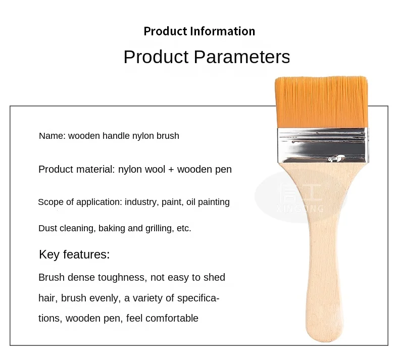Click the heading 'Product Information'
pyautogui.click(x=199, y=31)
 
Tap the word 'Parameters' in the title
pyautogui.click(x=242, y=57)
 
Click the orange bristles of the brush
pyautogui.click(x=321, y=102)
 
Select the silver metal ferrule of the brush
pyautogui.click(x=323, y=145)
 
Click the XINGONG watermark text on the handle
pyautogui.click(x=301, y=209)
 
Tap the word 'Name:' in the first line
pyautogui.click(x=53, y=136)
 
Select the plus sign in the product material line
pyautogui.click(x=171, y=170)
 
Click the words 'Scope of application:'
pyautogui.click(x=80, y=202)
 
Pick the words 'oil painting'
pyautogui.click(x=208, y=202)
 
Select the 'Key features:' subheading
pyautogui.click(x=74, y=254)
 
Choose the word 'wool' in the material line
pyautogui.click(x=155, y=170)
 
